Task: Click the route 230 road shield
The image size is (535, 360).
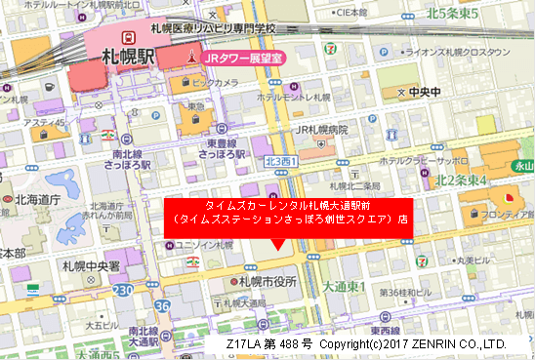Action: pyautogui.click(x=123, y=291)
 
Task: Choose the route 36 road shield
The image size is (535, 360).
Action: pyautogui.click(x=161, y=305)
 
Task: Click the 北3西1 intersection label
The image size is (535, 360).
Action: pyautogui.click(x=281, y=160)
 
